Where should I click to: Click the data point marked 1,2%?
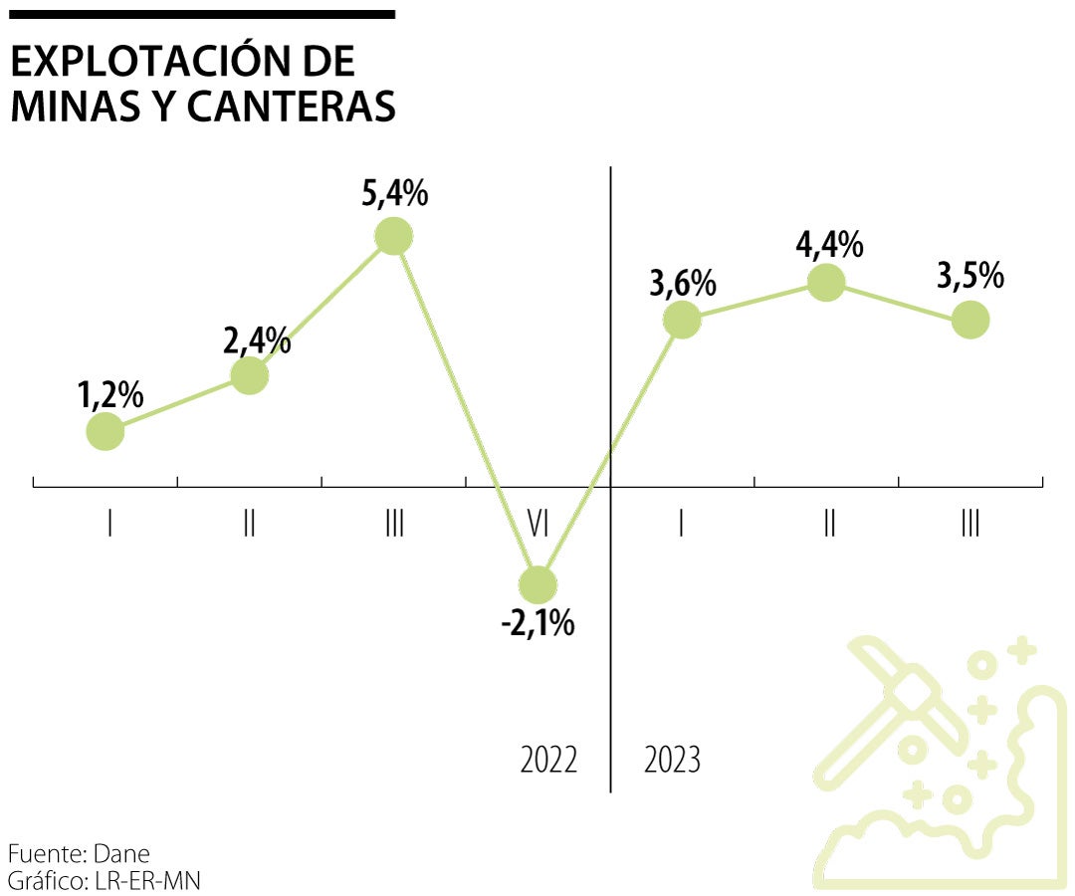click(x=106, y=431)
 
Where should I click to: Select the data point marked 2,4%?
click(x=249, y=375)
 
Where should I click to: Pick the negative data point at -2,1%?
click(x=538, y=584)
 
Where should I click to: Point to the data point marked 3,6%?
click(x=682, y=320)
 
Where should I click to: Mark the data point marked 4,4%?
click(x=826, y=283)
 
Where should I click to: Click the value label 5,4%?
click(x=395, y=193)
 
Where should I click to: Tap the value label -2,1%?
click(x=538, y=624)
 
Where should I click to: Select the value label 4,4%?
click(x=828, y=244)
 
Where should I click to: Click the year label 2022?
click(x=548, y=761)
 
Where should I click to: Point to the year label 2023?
click(x=673, y=761)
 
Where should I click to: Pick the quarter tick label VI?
click(x=537, y=524)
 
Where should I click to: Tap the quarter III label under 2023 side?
click(x=970, y=524)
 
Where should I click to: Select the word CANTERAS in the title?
click(x=291, y=108)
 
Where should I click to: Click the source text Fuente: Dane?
click(x=79, y=854)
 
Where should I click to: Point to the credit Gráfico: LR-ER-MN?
click(x=105, y=880)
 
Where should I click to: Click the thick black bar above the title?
click(x=202, y=14)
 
